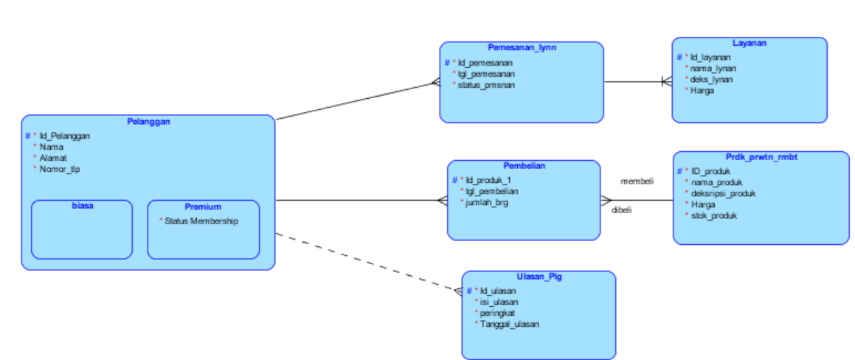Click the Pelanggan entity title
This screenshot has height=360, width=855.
tap(148, 122)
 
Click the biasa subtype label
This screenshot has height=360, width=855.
tap(82, 207)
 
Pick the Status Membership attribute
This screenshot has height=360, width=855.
tap(201, 221)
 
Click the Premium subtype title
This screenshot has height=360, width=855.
tap(203, 207)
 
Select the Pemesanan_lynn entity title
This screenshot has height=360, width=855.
tap(522, 48)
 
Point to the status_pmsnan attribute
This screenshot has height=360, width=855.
tap(486, 85)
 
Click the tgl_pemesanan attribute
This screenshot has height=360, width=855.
tap(486, 74)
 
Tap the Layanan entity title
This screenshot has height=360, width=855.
tap(749, 44)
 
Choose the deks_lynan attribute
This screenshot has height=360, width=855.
tap(711, 79)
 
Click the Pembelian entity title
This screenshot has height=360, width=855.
tap(524, 167)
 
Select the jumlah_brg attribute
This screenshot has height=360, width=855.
tap(487, 202)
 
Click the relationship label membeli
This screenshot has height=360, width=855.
tap(637, 181)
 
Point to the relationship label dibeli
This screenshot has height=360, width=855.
tap(622, 210)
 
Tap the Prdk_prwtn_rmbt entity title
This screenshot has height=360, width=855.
tap(761, 157)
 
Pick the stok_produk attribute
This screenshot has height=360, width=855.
tap(713, 215)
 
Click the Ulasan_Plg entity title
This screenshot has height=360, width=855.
tap(539, 277)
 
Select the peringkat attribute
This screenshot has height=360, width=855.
tap(499, 313)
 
